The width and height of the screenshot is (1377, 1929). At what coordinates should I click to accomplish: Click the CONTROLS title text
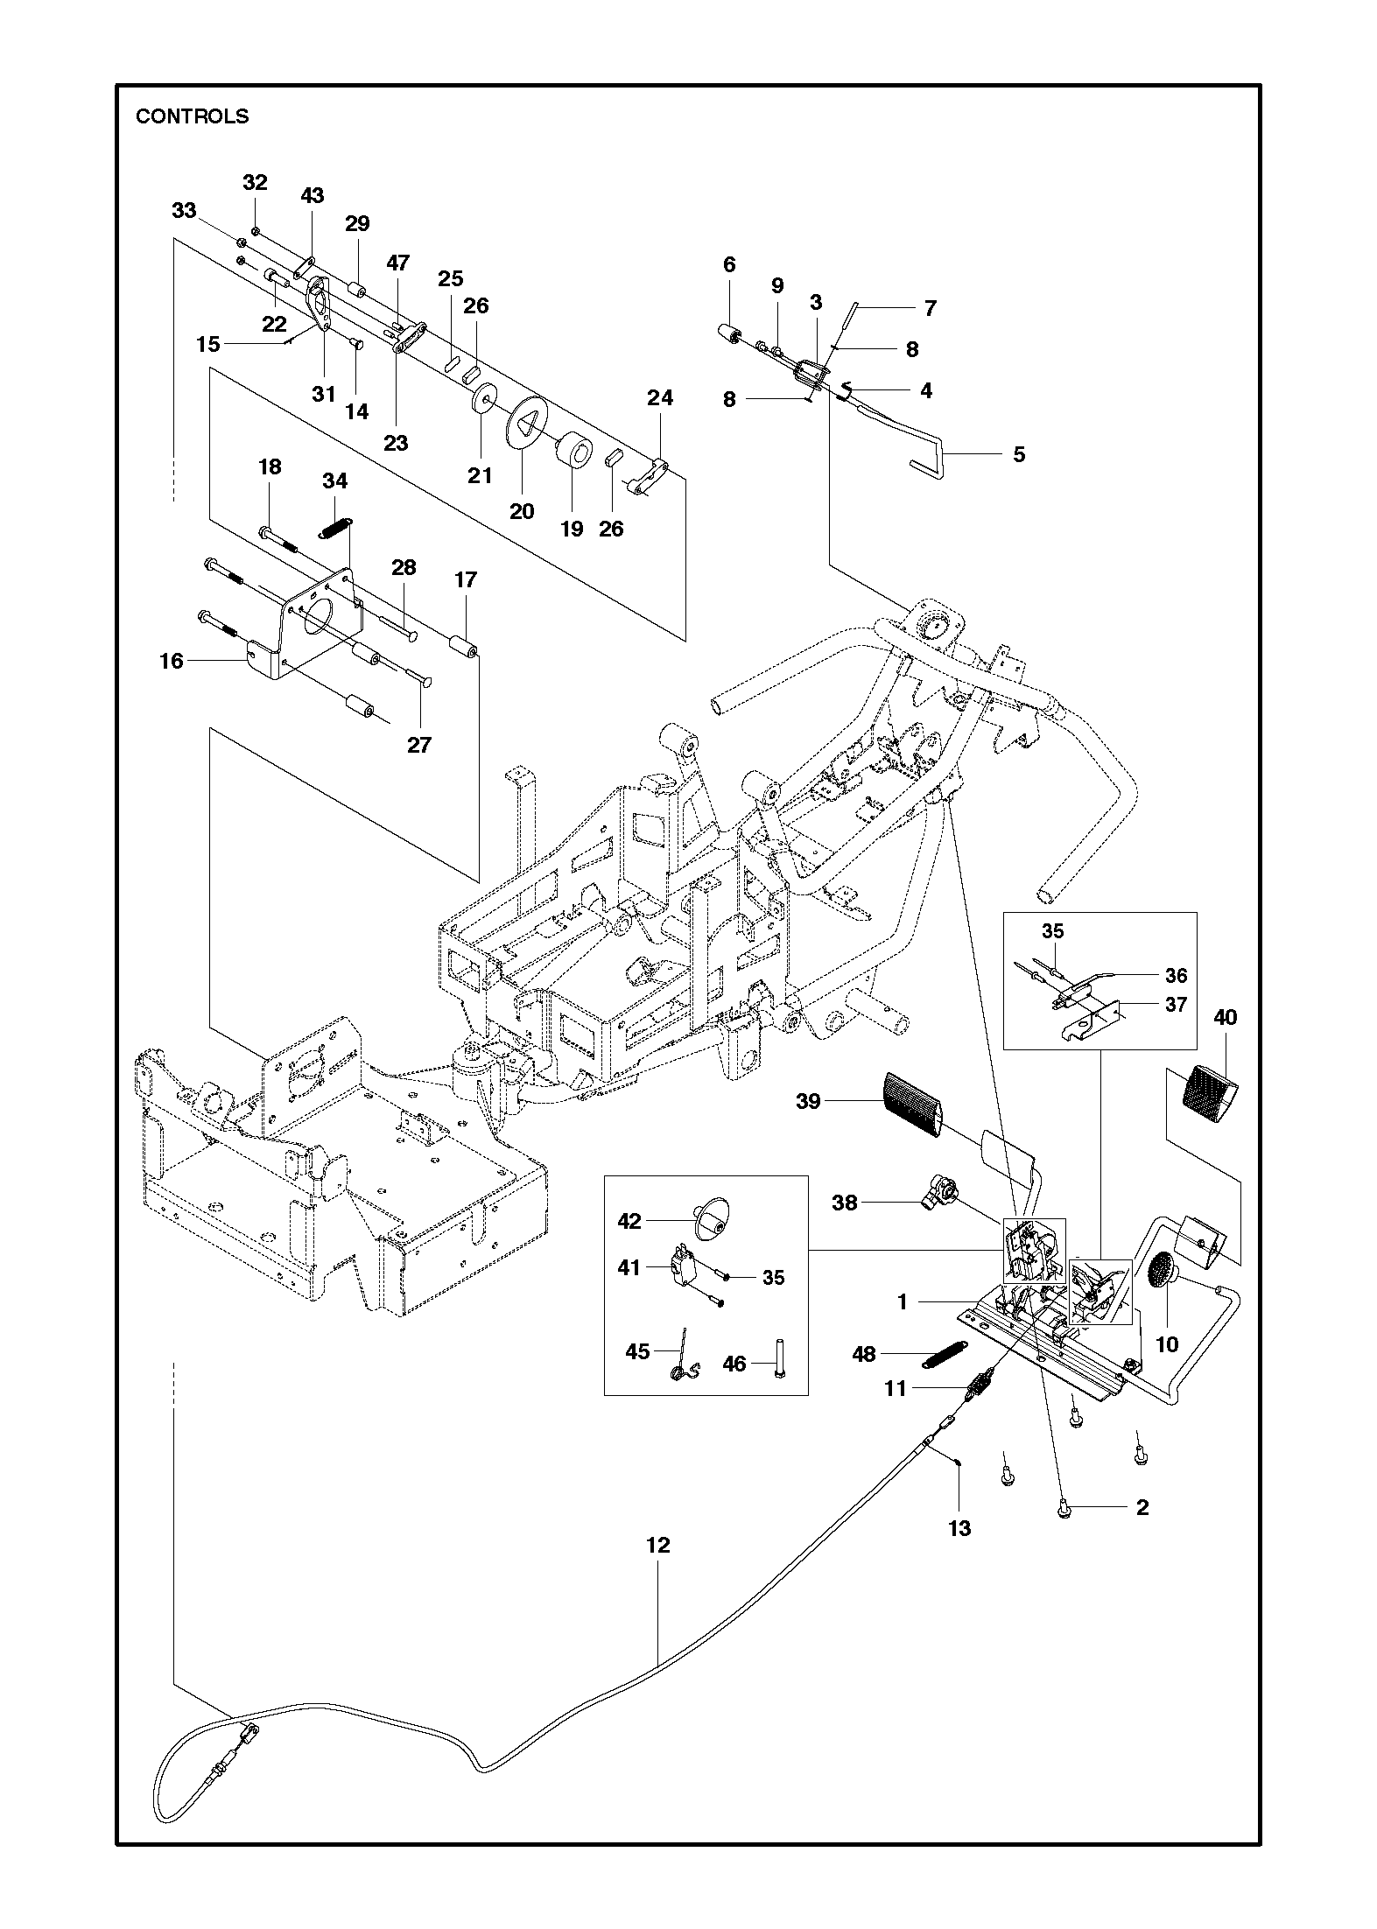pos(192,116)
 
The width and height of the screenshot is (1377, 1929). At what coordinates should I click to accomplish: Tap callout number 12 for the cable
pos(657,1546)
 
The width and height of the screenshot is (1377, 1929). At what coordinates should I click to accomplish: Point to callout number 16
pos(172,661)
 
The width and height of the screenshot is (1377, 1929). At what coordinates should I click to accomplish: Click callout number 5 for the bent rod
pos(1019,454)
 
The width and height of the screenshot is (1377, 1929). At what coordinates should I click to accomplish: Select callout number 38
pos(845,1203)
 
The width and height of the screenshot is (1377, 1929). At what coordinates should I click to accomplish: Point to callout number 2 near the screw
pos(1142,1506)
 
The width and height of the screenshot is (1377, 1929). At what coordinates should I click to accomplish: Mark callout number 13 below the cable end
pos(959,1528)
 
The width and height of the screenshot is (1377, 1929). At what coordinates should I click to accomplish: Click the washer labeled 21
pos(483,402)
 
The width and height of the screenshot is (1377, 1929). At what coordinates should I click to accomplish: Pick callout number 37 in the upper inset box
pos(1175,1004)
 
